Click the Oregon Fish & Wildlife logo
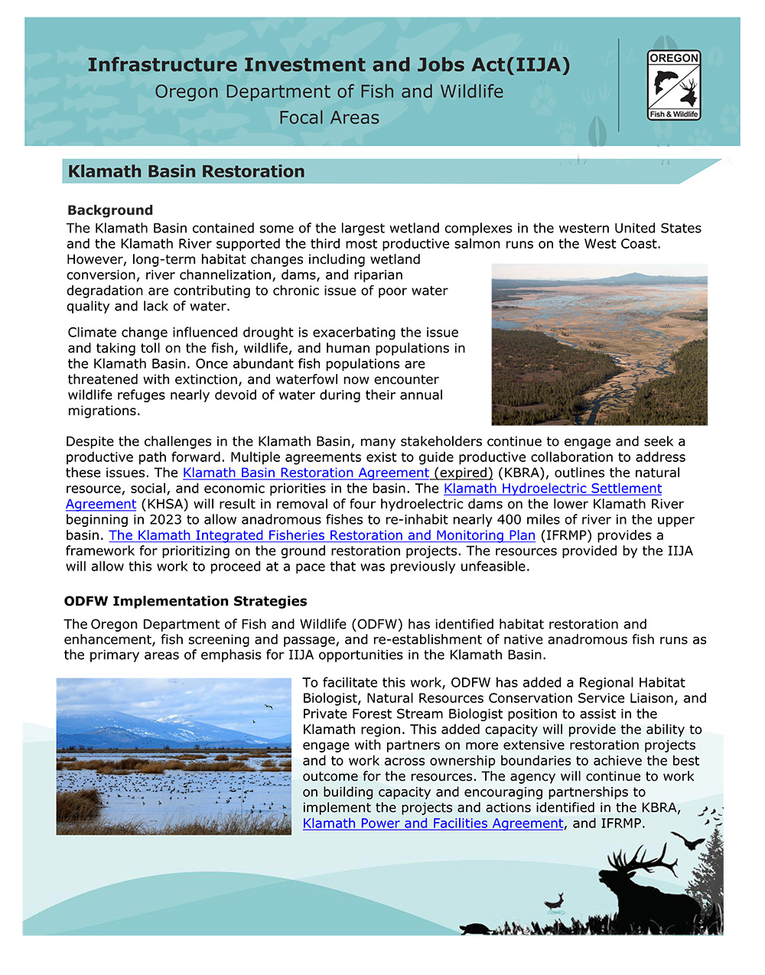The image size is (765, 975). [674, 85]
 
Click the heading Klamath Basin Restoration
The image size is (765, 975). [186, 171]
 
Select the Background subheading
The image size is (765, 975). [110, 210]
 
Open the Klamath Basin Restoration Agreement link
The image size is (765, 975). [306, 473]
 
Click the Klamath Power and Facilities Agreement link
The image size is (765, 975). [433, 824]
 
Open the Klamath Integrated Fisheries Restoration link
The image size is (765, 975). [322, 535]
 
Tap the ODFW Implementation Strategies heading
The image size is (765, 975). [186, 601]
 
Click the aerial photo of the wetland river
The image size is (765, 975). [599, 344]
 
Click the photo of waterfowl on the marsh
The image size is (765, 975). [174, 756]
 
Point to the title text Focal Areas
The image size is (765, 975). [329, 118]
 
